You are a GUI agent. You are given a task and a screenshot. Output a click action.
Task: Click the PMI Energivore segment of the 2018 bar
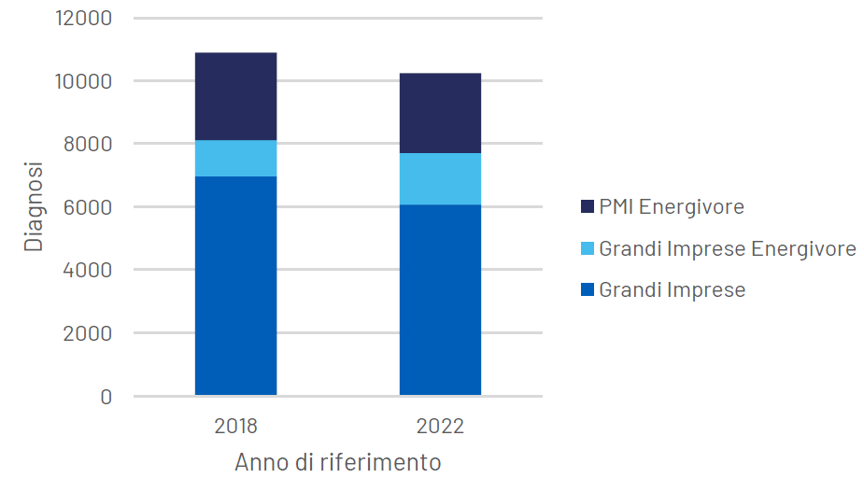[235, 96]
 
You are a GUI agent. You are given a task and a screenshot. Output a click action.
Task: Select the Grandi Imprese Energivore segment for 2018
[235, 158]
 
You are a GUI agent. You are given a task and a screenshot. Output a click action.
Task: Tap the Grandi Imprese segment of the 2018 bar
[235, 285]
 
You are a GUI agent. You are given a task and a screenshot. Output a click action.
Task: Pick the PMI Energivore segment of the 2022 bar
[440, 113]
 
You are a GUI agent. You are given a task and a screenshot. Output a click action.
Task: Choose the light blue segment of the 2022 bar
[440, 178]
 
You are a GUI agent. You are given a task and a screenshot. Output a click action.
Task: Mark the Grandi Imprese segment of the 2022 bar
[440, 300]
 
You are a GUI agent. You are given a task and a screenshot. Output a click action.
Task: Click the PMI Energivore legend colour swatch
[587, 206]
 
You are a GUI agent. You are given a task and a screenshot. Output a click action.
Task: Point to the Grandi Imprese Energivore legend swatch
[587, 248]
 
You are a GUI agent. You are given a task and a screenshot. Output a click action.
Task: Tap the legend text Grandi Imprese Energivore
[727, 248]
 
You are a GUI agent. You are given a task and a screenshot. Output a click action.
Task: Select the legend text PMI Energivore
[672, 206]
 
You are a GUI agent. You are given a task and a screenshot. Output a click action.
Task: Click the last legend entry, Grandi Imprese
[672, 290]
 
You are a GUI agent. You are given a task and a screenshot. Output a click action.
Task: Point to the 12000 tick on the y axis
[85, 19]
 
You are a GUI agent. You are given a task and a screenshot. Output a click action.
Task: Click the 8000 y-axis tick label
[91, 145]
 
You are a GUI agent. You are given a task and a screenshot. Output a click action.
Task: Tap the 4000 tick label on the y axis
[91, 271]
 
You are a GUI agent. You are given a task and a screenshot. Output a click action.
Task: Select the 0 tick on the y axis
[106, 397]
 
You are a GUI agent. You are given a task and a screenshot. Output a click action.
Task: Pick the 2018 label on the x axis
[235, 427]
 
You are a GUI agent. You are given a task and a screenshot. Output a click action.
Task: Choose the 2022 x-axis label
[440, 427]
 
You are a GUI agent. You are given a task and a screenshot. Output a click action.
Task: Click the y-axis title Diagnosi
[34, 206]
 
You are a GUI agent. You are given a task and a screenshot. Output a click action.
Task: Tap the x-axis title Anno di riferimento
[337, 462]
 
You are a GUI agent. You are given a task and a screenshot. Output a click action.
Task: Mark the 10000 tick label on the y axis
[85, 81]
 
